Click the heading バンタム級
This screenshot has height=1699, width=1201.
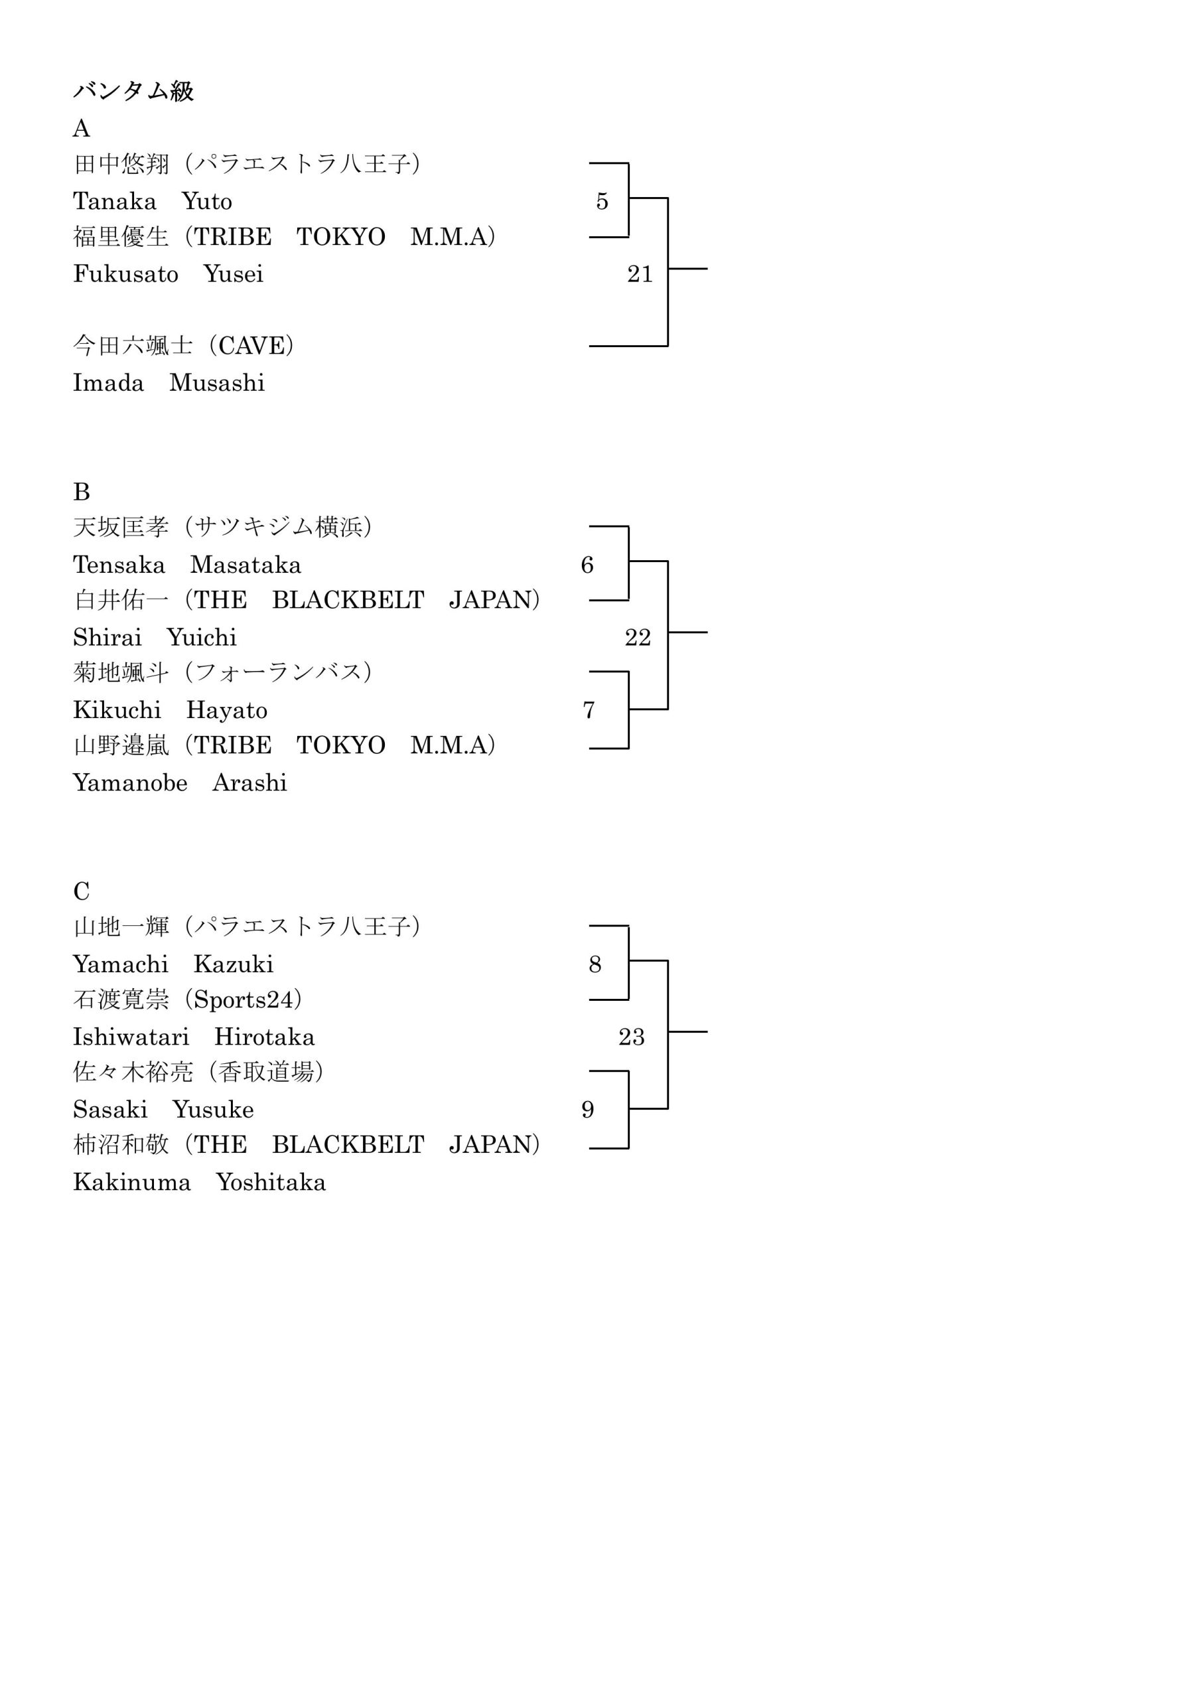point(133,92)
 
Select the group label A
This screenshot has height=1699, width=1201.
point(82,129)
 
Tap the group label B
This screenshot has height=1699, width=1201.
point(82,492)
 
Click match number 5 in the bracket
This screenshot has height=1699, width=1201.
point(602,201)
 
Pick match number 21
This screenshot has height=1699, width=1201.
point(640,274)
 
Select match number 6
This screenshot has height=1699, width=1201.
point(587,565)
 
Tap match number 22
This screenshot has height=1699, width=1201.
point(638,637)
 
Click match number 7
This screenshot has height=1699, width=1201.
point(589,710)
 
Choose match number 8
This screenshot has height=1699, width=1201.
point(595,964)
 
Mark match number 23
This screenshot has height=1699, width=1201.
point(632,1037)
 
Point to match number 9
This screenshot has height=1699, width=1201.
point(587,1109)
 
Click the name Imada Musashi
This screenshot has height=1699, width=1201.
point(169,382)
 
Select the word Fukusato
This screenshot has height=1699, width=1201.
point(126,274)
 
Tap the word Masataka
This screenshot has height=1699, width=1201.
point(246,565)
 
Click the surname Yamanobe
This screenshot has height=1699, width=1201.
point(130,783)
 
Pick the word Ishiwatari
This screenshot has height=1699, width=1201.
point(131,1037)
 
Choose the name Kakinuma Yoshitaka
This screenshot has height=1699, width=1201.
point(199,1182)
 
